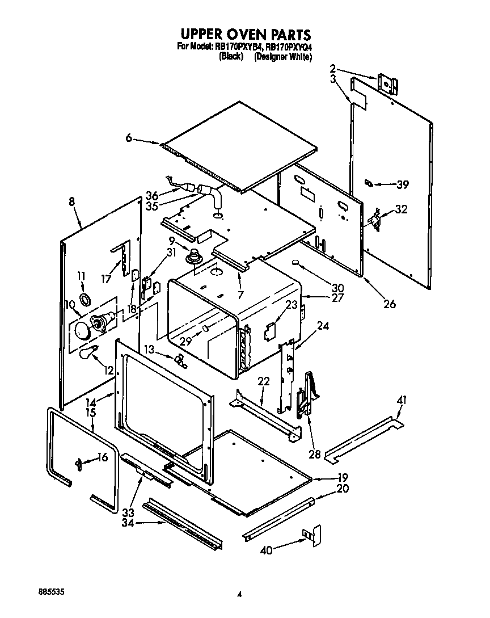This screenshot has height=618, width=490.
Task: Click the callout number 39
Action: coord(403,184)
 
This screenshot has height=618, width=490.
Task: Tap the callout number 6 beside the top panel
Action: coord(129,138)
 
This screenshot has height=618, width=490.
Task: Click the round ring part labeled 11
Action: coord(85,299)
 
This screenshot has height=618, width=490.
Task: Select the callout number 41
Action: coord(402,401)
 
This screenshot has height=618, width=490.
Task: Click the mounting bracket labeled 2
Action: coord(387,83)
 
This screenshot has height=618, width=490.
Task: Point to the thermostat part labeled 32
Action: coord(374,219)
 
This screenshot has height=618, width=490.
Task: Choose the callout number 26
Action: coord(389,304)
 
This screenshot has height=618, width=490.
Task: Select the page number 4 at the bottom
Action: coord(240,594)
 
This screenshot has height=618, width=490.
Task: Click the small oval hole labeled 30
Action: coord(295,263)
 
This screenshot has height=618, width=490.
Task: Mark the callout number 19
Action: coord(343,477)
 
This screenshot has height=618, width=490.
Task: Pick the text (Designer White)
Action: coord(283,57)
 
